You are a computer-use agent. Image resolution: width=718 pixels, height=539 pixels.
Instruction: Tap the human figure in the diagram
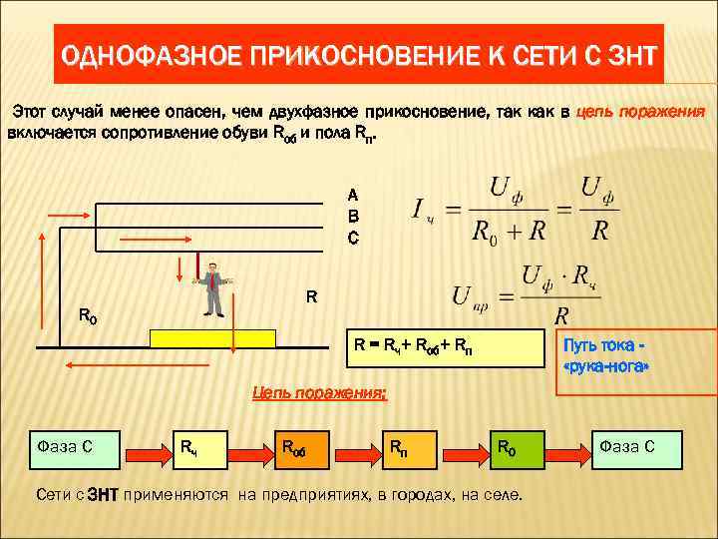coord(212,289)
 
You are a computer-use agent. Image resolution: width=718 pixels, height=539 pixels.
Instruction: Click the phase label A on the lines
coord(353,194)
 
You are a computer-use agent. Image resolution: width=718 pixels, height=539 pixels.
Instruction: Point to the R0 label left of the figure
coord(88,316)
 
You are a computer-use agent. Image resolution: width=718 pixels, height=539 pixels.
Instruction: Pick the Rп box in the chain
coord(413,450)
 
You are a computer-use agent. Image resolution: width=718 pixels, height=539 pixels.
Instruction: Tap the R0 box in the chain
coord(519,450)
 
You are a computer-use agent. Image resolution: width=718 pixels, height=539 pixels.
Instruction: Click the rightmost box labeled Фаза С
coord(636,450)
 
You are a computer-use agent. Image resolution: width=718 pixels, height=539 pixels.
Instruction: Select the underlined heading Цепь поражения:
coord(318,394)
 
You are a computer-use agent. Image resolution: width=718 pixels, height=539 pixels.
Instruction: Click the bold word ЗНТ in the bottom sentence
coord(103,495)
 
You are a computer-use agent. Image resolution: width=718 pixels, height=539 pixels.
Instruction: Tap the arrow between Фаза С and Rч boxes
coord(146,450)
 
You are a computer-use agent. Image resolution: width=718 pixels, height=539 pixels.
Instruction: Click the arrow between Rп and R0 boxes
coord(465,450)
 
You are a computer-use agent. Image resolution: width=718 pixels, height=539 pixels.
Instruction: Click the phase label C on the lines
coord(353,239)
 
